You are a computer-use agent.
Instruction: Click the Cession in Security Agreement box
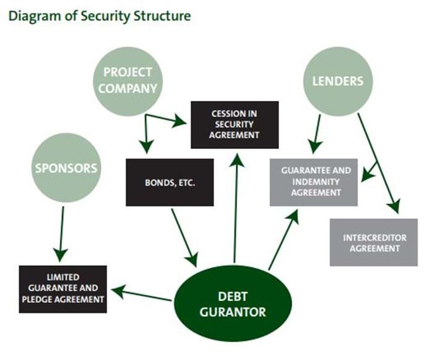[235, 124]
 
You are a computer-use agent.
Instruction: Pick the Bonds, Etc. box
[170, 182]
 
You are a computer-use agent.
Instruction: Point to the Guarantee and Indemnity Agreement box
[314, 182]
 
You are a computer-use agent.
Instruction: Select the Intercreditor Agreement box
[373, 242]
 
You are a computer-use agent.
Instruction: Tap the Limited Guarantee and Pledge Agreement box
[63, 289]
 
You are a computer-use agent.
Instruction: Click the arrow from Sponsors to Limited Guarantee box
[61, 232]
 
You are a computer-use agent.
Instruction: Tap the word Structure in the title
[162, 15]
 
